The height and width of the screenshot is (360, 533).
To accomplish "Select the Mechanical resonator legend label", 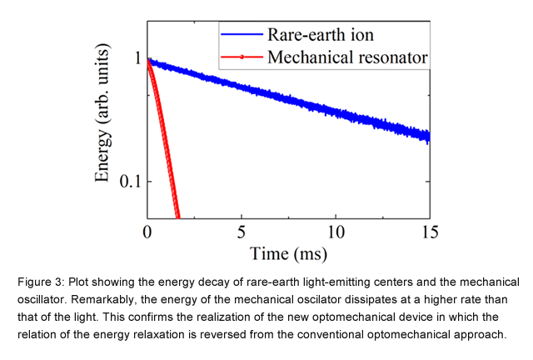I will coord(347,57).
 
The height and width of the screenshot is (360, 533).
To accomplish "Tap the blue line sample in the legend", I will coord(242,36).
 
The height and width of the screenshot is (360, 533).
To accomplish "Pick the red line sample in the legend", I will coord(242,57).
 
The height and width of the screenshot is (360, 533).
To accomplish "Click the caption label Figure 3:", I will coord(40,282).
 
